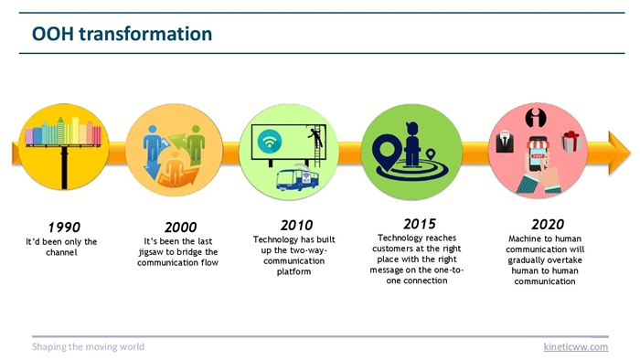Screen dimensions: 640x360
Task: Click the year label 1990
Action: pyautogui.click(x=64, y=228)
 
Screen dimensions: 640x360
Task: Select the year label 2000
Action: pyautogui.click(x=180, y=228)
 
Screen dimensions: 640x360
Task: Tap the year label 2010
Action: pyautogui.click(x=297, y=225)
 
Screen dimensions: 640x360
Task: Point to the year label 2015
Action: pyautogui.click(x=420, y=224)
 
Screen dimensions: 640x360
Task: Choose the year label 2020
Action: pyautogui.click(x=548, y=224)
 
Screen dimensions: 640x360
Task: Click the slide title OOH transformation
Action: pyautogui.click(x=122, y=34)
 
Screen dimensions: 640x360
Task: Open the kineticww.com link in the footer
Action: pyautogui.click(x=576, y=346)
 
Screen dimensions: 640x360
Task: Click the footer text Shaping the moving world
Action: pyautogui.click(x=88, y=346)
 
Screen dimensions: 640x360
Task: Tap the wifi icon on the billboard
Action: pyautogui.click(x=270, y=142)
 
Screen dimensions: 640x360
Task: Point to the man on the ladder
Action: pyautogui.click(x=315, y=137)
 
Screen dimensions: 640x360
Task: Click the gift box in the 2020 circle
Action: pyautogui.click(x=571, y=142)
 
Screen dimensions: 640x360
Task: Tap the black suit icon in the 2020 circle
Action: pyautogui.click(x=505, y=142)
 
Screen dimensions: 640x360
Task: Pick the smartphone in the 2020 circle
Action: pyautogui.click(x=538, y=154)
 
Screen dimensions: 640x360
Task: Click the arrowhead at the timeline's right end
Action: pyautogui.click(x=619, y=153)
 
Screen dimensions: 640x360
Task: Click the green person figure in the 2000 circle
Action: pyautogui.click(x=196, y=143)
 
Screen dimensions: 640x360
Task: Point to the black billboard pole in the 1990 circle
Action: pyautogui.click(x=64, y=167)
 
